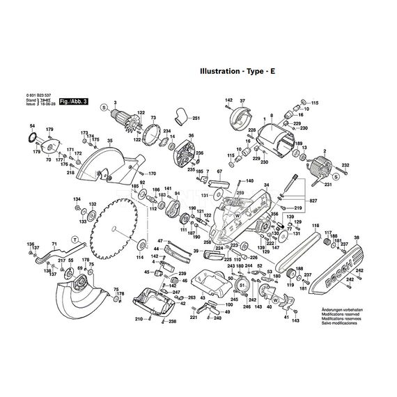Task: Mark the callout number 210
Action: tap(139, 320)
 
